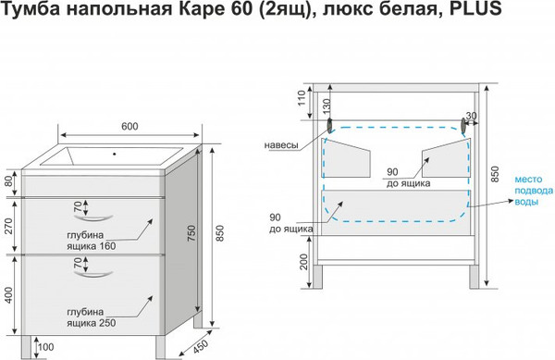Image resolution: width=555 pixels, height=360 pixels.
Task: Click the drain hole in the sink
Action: click(117, 155)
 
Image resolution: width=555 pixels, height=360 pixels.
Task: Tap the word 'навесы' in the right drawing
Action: click(280, 145)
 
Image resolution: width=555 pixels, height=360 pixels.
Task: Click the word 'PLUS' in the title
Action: click(476, 12)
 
